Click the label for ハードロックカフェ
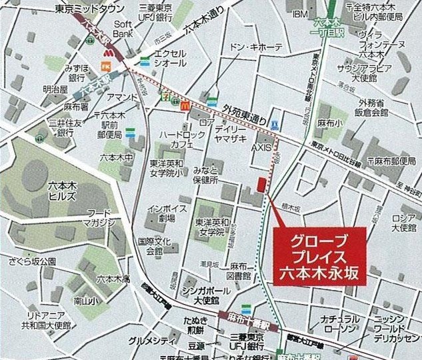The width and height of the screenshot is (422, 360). tap(177, 139)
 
